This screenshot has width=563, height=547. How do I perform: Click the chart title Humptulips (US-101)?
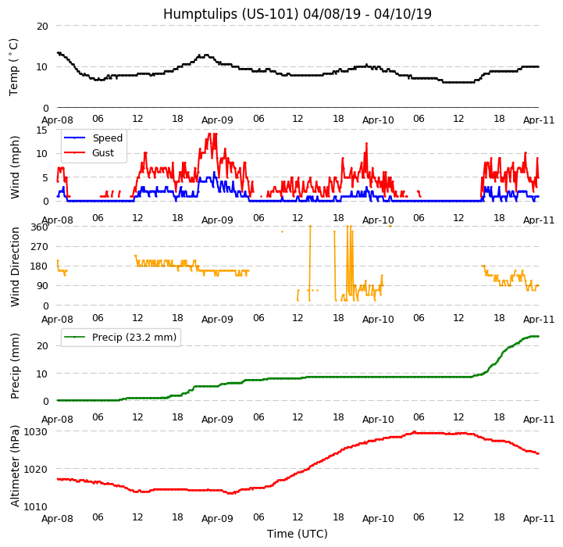tap(297, 14)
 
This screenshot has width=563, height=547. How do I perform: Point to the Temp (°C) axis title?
tap(14, 66)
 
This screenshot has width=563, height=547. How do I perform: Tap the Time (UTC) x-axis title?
tap(297, 534)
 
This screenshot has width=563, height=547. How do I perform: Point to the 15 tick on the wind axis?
tap(42, 130)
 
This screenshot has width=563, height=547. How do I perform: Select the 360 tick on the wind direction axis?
tap(39, 227)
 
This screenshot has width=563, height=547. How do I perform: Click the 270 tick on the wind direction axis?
tap(39, 247)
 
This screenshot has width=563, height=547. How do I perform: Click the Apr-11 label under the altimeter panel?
tap(539, 518)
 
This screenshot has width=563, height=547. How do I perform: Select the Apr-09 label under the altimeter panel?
tap(218, 518)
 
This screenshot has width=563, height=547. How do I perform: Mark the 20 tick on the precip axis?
tap(42, 345)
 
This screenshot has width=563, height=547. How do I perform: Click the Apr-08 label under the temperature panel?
tap(58, 120)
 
